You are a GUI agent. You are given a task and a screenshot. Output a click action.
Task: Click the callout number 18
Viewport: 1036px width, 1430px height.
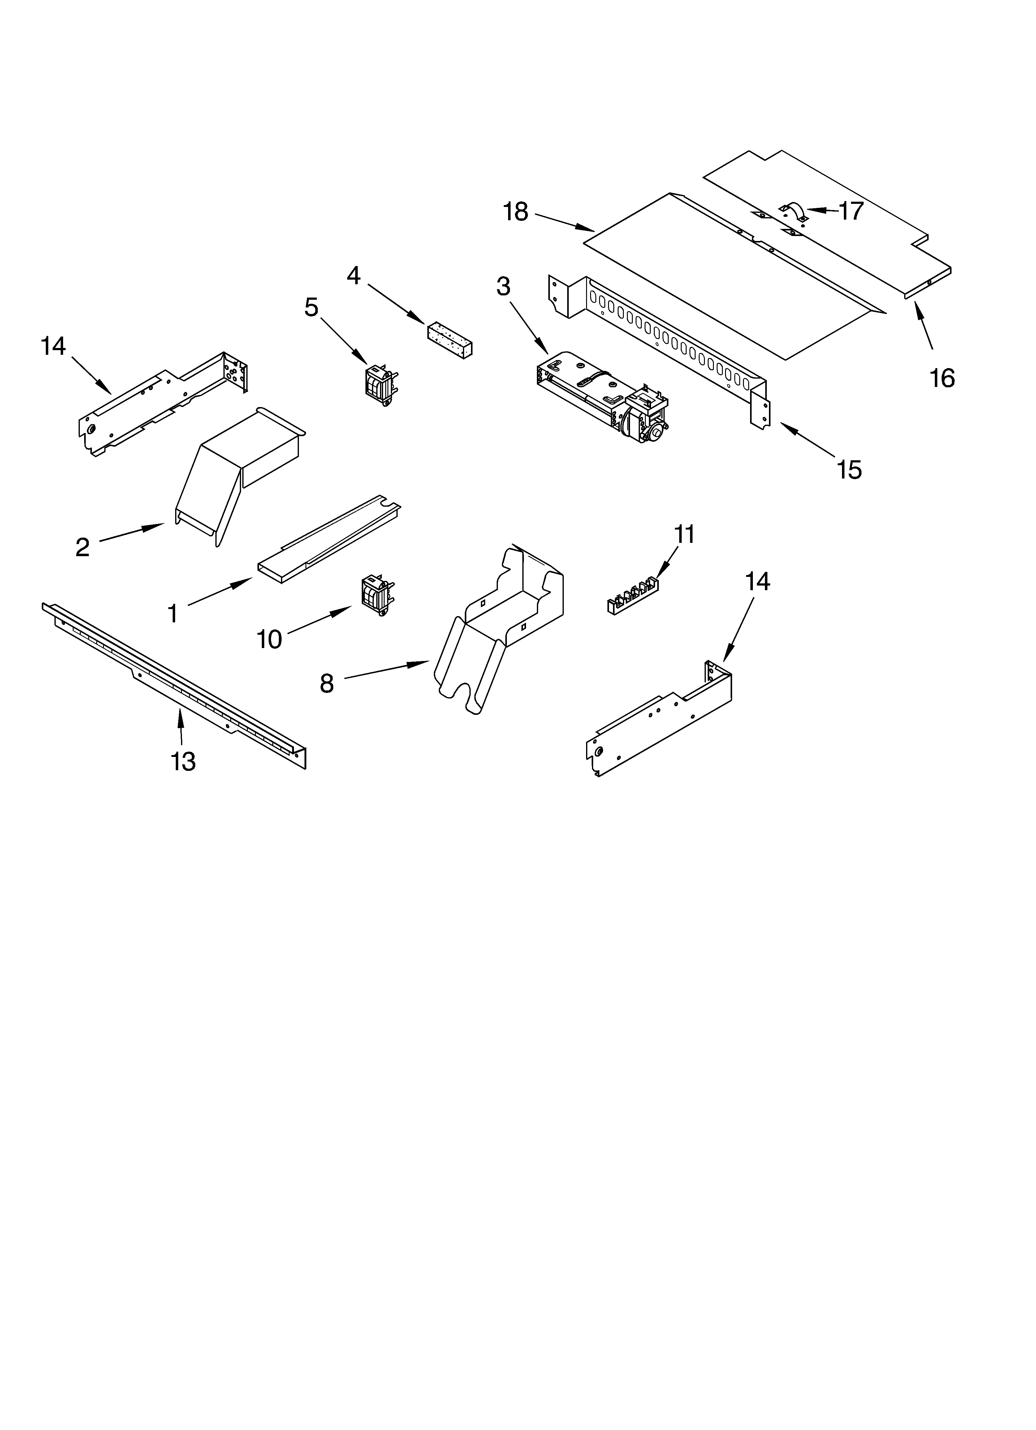pos(516,212)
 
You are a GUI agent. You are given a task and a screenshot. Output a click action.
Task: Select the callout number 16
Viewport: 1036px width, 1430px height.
pos(941,378)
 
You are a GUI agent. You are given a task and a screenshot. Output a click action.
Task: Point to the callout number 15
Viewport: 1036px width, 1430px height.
pos(849,470)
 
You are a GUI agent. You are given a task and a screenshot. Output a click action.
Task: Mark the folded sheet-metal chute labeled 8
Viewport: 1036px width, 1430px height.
pos(499,624)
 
